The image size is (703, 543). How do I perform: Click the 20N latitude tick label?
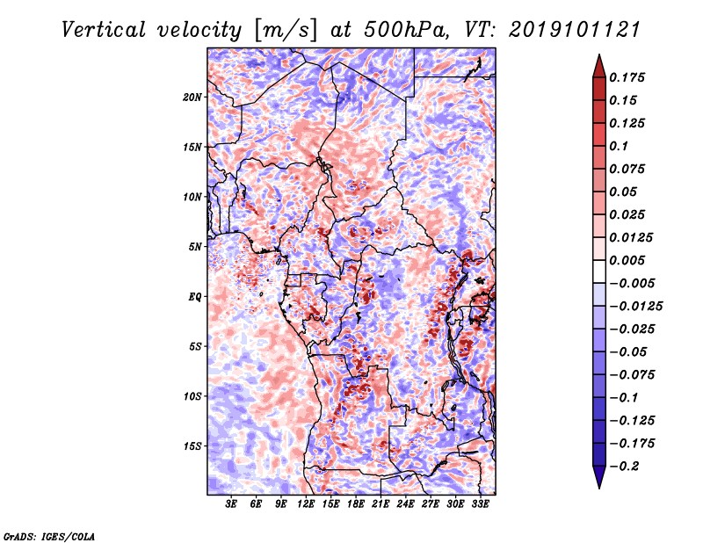click(192, 97)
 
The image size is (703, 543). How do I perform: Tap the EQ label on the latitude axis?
click(195, 297)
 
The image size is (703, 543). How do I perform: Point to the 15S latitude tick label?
click(192, 446)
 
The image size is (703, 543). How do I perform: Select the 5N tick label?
click(195, 247)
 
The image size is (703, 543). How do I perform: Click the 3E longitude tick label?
click(231, 503)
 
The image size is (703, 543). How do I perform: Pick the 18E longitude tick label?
click(356, 503)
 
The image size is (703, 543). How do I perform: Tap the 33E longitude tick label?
click(480, 503)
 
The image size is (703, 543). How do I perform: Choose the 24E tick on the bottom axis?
click(405, 503)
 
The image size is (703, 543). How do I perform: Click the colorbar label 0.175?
click(627, 77)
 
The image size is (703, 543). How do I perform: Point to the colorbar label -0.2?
click(623, 466)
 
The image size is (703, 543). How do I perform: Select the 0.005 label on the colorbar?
click(627, 260)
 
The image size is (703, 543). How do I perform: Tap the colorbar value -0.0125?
click(635, 307)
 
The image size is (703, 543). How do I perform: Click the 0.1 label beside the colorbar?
click(619, 146)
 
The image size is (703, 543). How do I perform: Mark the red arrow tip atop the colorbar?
click(599, 54)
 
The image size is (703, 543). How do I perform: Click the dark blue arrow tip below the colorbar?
click(599, 488)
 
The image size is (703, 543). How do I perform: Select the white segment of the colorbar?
click(599, 271)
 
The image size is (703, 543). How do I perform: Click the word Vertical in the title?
click(104, 30)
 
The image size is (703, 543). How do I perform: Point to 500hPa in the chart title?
click(405, 30)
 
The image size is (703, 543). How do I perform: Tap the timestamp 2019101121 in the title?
click(575, 30)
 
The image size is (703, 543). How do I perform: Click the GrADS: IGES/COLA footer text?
click(49, 536)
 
